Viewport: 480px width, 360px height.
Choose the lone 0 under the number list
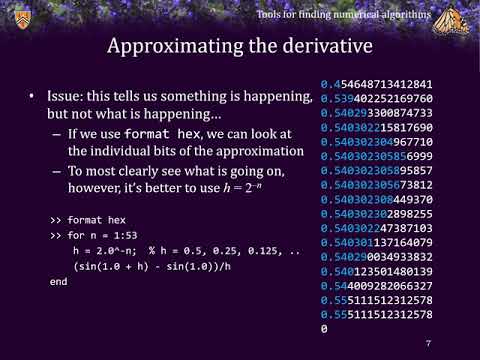tap(324, 329)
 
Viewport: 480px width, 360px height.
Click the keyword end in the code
tap(58, 283)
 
